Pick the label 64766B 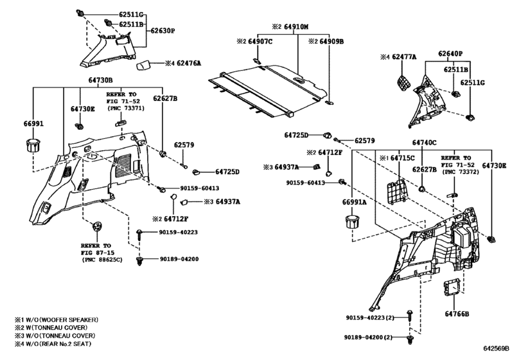(457, 314)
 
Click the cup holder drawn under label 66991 (33, 143)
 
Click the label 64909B (329, 41)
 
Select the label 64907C (260, 41)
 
